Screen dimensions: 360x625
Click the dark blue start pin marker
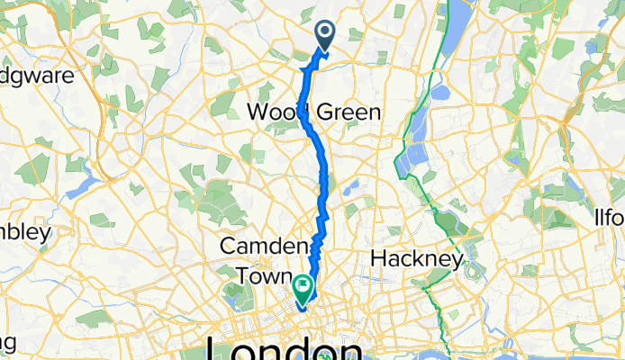(x=324, y=35)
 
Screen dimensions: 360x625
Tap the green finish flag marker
(x=302, y=288)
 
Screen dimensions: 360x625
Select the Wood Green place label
(x=313, y=112)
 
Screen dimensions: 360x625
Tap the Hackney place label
(x=417, y=259)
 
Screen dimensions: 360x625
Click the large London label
(x=285, y=348)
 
